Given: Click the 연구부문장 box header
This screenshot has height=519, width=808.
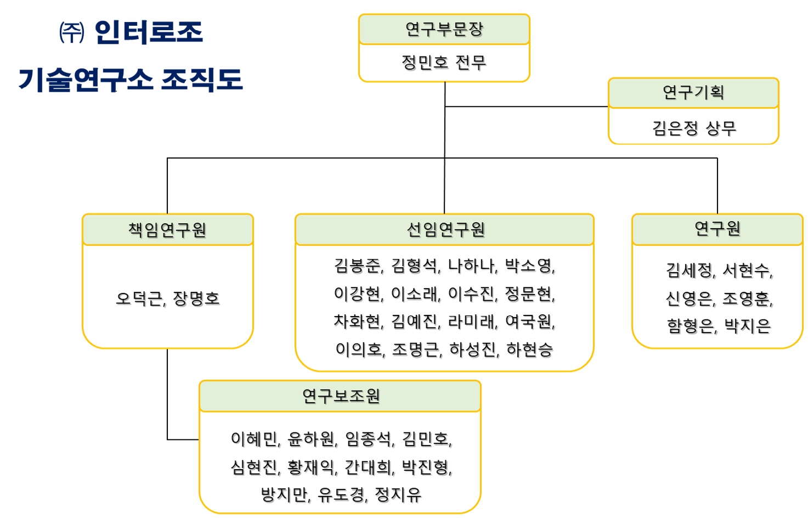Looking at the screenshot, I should click(444, 29).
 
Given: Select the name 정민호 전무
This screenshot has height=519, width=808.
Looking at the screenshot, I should click(444, 63).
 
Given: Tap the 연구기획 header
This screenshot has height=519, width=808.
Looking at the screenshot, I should click(693, 93).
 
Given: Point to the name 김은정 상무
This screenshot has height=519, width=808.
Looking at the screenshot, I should click(693, 128).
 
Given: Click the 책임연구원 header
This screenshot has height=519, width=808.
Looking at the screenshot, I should click(167, 229).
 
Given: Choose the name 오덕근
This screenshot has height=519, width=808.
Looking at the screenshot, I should click(139, 299).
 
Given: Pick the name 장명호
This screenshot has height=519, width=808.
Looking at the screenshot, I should click(196, 299).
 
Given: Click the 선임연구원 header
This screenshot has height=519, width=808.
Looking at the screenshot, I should click(445, 229).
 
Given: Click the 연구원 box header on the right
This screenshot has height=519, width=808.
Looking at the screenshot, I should click(717, 228).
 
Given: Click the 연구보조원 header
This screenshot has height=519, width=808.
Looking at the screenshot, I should click(341, 396).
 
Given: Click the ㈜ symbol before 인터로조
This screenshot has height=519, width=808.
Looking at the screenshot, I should click(72, 33).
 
